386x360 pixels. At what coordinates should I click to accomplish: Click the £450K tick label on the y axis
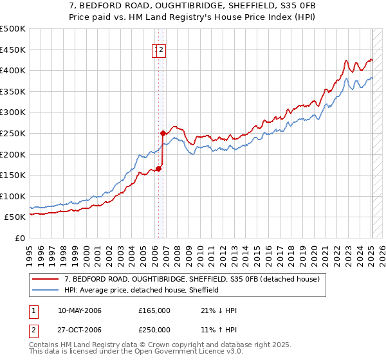point(13,50)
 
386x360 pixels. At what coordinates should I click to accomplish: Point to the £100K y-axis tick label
point(13,196)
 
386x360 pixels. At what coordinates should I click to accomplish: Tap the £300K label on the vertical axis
point(13,113)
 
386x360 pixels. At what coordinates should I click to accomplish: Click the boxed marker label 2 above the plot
point(161,51)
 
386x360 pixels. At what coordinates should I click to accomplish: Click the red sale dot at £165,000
point(158,169)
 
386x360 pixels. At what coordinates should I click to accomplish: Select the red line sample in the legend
point(46,279)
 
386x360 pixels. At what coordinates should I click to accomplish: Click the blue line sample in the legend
point(46,290)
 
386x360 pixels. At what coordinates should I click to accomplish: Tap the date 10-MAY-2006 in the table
point(80,310)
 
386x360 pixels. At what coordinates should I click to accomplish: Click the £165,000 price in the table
point(154,310)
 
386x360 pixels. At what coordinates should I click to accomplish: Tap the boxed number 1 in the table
point(33,310)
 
